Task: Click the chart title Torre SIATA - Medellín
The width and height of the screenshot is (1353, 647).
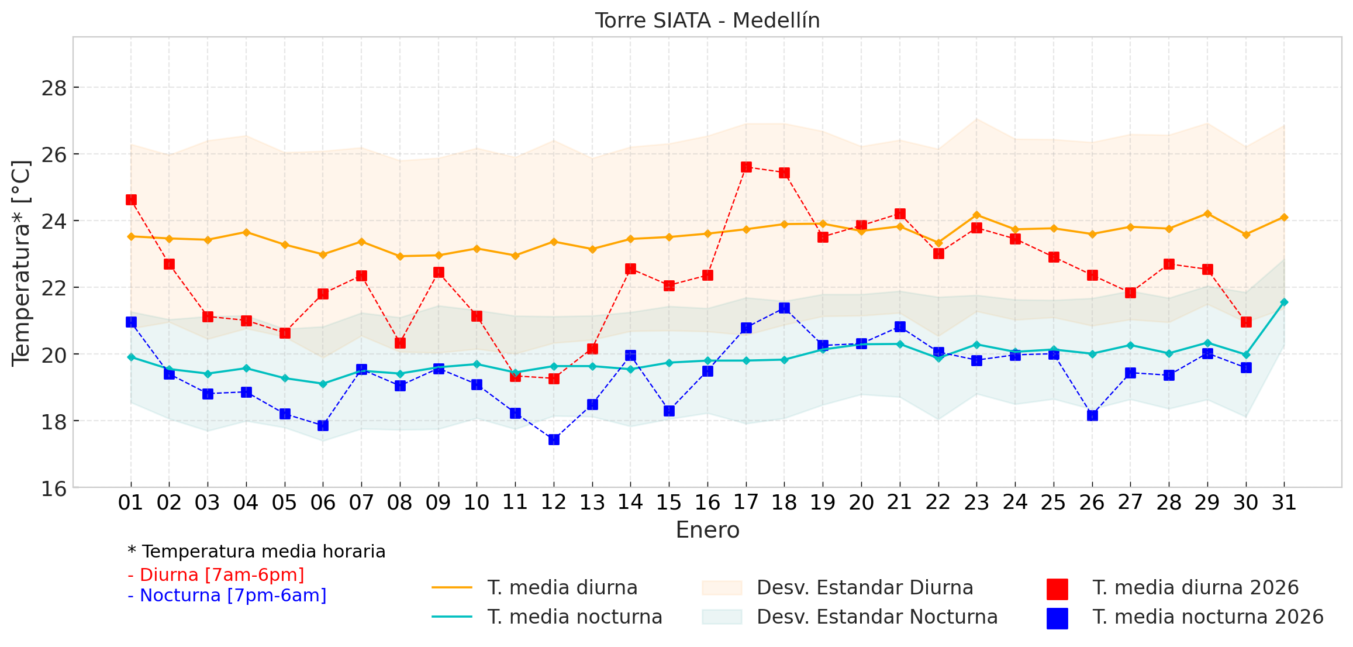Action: tap(707, 20)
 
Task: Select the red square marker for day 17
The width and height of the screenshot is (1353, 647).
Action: tap(746, 167)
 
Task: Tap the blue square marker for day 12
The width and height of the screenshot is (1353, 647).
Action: tap(554, 439)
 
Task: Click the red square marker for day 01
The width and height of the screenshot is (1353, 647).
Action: tap(131, 200)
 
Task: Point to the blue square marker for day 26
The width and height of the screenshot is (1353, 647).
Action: tap(1092, 415)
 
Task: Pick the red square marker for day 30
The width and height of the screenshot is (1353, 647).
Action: tap(1246, 322)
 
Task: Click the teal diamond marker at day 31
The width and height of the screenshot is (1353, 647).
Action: tap(1284, 302)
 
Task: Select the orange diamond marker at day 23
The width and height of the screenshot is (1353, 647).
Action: tap(976, 215)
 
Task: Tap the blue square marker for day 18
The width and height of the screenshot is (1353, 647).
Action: tap(784, 308)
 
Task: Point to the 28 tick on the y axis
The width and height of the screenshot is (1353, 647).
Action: tap(54, 88)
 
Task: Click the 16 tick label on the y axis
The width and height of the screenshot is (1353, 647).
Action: tap(54, 488)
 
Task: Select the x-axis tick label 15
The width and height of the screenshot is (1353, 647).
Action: tap(669, 503)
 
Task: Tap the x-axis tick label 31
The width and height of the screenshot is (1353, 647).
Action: tap(1284, 503)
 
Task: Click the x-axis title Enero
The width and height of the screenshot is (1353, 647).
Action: tap(707, 530)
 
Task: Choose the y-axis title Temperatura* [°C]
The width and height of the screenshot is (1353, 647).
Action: tap(21, 263)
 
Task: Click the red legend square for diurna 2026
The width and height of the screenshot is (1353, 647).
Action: tap(1057, 589)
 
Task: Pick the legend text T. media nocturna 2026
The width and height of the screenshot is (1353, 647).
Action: tap(1207, 617)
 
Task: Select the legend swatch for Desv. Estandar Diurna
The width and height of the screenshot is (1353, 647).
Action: tap(722, 588)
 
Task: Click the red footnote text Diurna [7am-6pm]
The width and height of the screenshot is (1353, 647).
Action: tap(216, 575)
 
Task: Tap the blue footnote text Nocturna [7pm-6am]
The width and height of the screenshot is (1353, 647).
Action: tap(227, 596)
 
